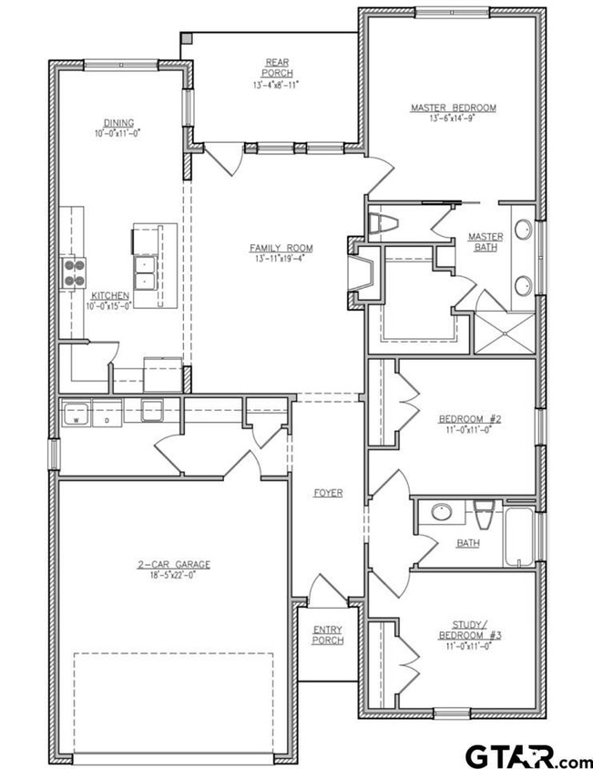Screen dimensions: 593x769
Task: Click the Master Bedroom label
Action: click(x=454, y=108)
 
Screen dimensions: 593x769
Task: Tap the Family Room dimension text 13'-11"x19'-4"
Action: click(x=280, y=259)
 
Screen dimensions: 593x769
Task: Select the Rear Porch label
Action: click(x=277, y=67)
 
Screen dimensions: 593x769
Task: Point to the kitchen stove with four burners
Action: click(x=73, y=273)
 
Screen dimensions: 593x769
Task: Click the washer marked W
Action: click(x=75, y=413)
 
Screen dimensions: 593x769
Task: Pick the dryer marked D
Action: click(x=107, y=414)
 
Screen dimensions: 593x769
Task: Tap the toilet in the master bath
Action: click(x=383, y=223)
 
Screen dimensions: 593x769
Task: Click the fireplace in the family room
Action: click(x=363, y=272)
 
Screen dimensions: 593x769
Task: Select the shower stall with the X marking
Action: click(x=505, y=333)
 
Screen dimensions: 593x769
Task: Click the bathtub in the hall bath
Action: click(x=518, y=537)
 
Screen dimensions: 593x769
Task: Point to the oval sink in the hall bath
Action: click(x=442, y=512)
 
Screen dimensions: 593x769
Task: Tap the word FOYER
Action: click(x=328, y=493)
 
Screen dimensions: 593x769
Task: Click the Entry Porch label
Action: click(x=328, y=635)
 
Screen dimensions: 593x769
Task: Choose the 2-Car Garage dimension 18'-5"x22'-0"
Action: click(x=173, y=575)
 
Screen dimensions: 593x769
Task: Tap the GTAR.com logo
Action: click(x=528, y=756)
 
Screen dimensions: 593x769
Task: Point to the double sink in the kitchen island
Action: click(x=145, y=272)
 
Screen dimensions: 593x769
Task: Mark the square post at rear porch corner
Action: click(x=187, y=38)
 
